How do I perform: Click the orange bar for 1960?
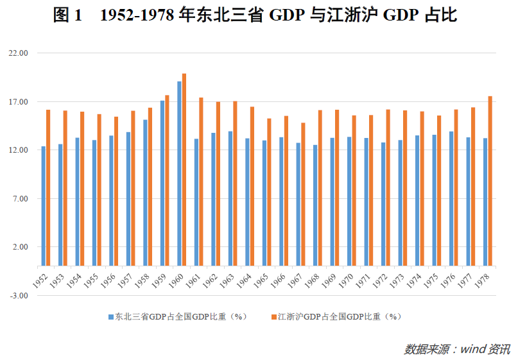pyautogui.click(x=184, y=169)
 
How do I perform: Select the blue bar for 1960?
pyautogui.click(x=179, y=173)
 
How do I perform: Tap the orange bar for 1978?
pyautogui.click(x=490, y=181)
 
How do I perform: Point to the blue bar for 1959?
pyautogui.click(x=162, y=183)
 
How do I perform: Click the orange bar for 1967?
pyautogui.click(x=303, y=194)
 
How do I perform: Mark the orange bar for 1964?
pyautogui.click(x=252, y=186)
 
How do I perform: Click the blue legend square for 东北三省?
pyautogui.click(x=110, y=317)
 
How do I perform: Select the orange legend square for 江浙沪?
pyautogui.click(x=273, y=317)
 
